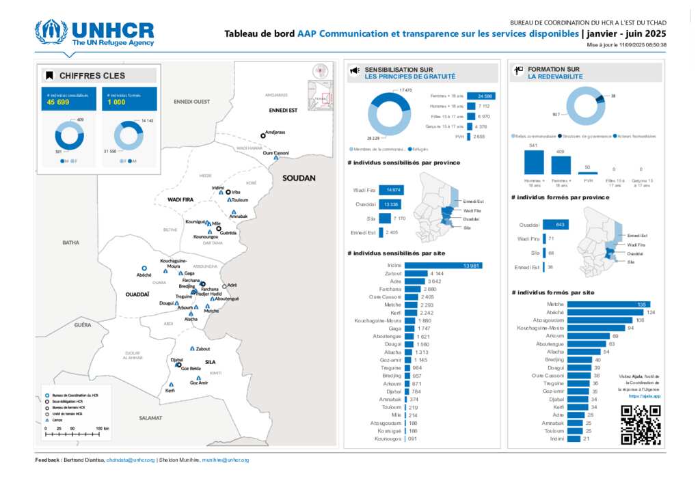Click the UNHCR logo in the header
click(95, 33)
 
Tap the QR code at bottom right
click(641, 425)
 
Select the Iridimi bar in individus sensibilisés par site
click(444, 265)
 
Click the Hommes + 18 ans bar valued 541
click(533, 162)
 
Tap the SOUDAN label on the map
click(299, 178)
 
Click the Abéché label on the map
click(144, 275)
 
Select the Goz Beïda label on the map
click(190, 368)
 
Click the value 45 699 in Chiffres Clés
click(58, 102)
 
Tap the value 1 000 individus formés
click(116, 102)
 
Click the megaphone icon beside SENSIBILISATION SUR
click(355, 71)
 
